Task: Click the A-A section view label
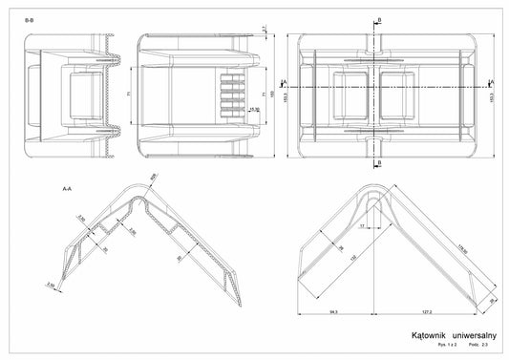pyautogui.click(x=67, y=188)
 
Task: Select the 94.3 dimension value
pyautogui.click(x=330, y=311)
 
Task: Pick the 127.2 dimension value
pyautogui.click(x=427, y=311)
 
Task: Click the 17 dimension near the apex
pyautogui.click(x=362, y=226)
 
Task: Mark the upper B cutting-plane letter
pyautogui.click(x=379, y=20)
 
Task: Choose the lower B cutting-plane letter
pyautogui.click(x=379, y=163)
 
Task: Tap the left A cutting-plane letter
pyautogui.click(x=286, y=83)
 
